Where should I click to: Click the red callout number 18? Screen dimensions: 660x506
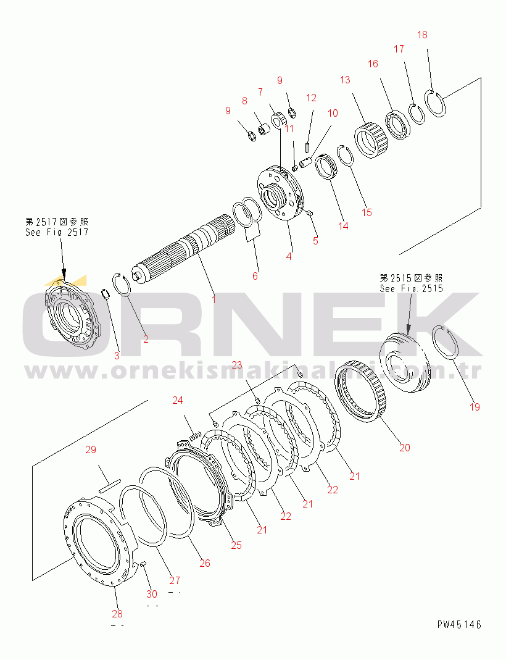(422, 35)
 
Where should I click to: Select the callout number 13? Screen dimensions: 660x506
(344, 80)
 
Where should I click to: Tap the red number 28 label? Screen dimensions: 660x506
(117, 613)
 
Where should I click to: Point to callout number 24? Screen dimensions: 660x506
(178, 401)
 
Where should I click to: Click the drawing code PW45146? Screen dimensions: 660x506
(459, 624)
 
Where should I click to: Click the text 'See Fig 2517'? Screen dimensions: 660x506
(57, 232)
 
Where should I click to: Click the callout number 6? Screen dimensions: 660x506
(255, 275)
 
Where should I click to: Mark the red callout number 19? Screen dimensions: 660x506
(474, 407)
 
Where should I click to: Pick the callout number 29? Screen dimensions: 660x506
(91, 450)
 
